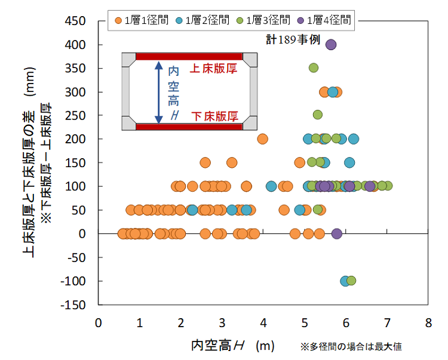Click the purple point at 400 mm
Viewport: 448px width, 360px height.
tap(331, 45)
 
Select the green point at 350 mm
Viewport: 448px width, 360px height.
tap(314, 68)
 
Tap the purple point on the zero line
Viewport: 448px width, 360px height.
tap(337, 233)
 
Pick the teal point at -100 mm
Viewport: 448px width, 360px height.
tap(345, 281)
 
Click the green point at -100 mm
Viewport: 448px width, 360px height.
tap(351, 281)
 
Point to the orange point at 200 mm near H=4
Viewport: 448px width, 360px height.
tap(262, 139)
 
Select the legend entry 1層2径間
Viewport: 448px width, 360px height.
tap(203, 20)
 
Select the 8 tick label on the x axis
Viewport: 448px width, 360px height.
tap(428, 323)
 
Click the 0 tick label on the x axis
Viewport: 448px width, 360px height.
tap(99, 323)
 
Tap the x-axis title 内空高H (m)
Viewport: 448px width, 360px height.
tap(231, 345)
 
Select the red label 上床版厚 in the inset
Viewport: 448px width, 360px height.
tap(214, 69)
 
